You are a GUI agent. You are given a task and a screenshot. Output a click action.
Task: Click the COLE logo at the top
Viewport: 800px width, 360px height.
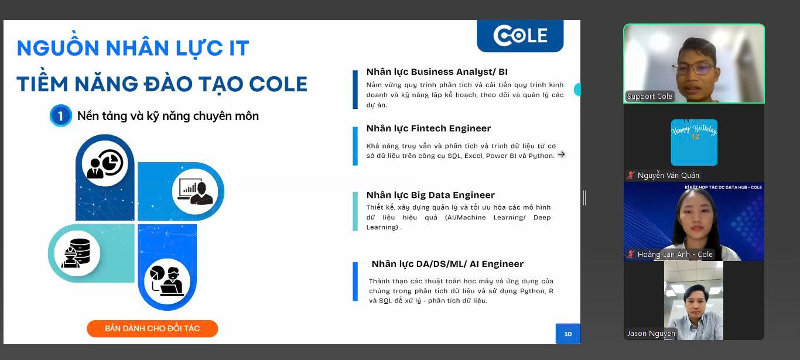tap(520, 36)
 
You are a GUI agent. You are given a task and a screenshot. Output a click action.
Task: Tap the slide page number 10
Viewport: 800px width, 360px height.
tap(568, 334)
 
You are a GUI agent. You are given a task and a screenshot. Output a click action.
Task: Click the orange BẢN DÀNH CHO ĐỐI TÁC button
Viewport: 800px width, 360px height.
tap(152, 328)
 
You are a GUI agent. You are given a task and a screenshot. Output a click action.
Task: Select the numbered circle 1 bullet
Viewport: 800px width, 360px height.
tap(61, 116)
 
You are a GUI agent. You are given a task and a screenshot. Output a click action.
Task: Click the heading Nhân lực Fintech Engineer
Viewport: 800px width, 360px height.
tap(429, 128)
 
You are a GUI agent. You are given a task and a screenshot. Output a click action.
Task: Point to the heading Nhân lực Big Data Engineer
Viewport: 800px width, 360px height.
tap(430, 195)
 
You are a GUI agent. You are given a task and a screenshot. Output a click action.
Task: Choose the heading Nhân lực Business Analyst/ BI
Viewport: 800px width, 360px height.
tap(437, 72)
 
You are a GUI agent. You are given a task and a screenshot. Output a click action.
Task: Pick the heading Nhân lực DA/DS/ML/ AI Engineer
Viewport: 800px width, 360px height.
tap(447, 264)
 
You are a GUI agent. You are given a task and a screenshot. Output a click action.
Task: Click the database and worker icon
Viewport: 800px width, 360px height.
tap(77, 253)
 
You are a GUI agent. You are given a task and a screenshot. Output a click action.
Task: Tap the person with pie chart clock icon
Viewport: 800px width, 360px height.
tap(105, 163)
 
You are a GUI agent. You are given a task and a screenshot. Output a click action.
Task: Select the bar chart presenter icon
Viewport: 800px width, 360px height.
tap(195, 191)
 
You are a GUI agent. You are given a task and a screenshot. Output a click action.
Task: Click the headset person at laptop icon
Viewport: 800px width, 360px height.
tap(167, 282)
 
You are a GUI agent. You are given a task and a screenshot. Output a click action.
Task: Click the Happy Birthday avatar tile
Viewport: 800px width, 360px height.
tap(694, 142)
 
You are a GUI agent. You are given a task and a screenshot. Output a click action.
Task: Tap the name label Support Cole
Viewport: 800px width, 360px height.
tap(649, 97)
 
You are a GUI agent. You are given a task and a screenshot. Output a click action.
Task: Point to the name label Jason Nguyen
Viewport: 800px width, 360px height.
tap(651, 334)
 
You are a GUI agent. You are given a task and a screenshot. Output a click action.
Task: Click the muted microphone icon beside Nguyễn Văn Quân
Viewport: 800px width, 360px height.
tap(631, 175)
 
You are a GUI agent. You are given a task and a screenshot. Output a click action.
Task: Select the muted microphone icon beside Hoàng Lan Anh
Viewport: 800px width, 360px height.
tap(631, 254)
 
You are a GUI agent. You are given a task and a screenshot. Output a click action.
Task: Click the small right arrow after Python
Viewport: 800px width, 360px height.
tap(562, 155)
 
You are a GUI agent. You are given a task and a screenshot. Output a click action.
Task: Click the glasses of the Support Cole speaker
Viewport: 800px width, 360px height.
tap(693, 68)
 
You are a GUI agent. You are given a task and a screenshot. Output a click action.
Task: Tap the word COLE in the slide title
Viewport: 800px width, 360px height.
tap(278, 84)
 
